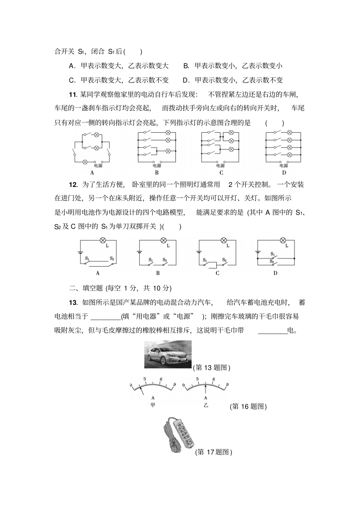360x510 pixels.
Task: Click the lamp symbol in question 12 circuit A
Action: (x=102, y=240)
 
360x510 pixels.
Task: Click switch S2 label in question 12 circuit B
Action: (x=165, y=260)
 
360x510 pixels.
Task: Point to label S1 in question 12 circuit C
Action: (x=205, y=260)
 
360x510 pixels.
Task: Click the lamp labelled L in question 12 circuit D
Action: (x=282, y=240)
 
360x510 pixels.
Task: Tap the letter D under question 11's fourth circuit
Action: (x=284, y=173)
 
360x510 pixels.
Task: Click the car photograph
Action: (x=168, y=355)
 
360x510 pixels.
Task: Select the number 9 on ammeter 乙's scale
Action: (x=227, y=384)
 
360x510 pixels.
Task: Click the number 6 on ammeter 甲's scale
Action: (x=161, y=379)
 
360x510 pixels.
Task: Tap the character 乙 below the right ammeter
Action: (x=206, y=405)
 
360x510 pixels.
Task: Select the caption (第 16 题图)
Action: (x=248, y=406)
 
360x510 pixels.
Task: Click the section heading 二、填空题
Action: (x=86, y=288)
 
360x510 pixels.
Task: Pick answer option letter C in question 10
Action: (x=71, y=80)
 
